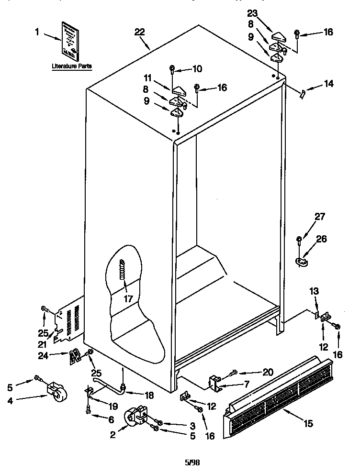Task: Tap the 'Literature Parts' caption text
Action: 72,66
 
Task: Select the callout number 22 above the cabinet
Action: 139,32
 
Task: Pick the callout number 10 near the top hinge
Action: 197,69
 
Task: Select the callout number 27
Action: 319,217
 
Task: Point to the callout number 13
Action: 314,291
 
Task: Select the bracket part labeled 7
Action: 214,384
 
